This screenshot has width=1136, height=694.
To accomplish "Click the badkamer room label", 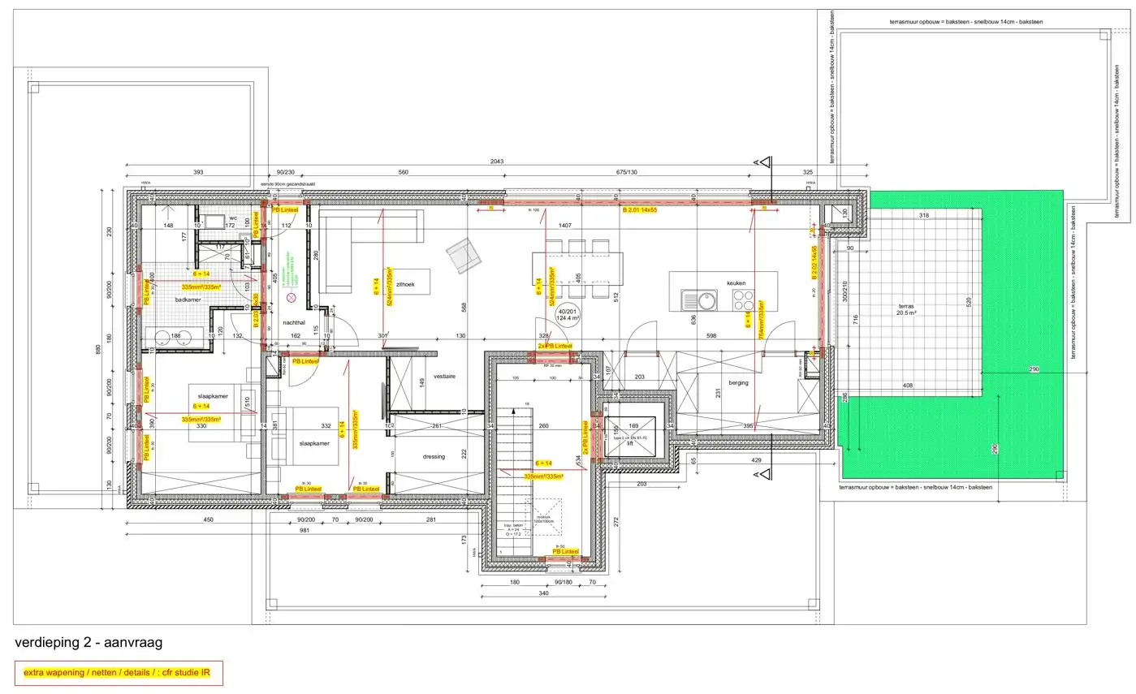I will point(188,300).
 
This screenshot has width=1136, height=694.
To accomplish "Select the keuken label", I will point(736,283).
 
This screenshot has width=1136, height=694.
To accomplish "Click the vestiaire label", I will point(444,377).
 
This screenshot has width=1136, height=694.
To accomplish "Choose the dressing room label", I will point(434,456).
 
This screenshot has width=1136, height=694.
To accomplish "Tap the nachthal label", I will point(293,322).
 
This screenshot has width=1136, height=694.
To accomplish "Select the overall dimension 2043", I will point(497,162).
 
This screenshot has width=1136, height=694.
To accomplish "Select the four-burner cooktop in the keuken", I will point(743,300).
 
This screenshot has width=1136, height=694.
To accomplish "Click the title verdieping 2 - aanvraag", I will point(89,643).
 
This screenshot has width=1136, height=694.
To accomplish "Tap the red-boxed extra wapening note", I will point(119,672).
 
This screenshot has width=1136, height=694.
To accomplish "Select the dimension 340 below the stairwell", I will point(542,593).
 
